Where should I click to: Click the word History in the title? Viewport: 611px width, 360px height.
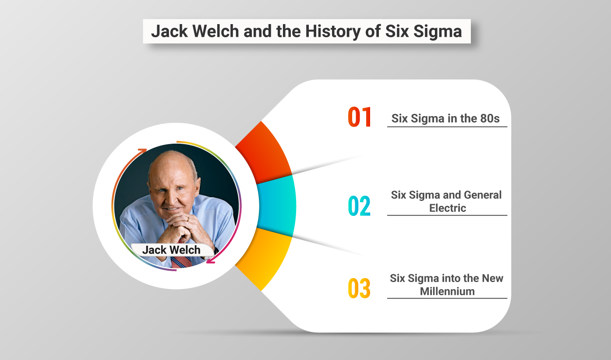point(333,32)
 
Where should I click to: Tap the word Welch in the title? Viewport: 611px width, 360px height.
point(216,31)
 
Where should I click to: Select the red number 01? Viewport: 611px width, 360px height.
point(360,117)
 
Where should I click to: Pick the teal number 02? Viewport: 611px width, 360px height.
point(359,206)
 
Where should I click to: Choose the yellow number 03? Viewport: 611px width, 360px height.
point(359,288)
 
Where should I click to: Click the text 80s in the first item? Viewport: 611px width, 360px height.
point(490,118)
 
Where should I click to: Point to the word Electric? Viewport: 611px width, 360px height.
point(448,208)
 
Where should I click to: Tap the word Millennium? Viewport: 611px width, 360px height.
point(447,291)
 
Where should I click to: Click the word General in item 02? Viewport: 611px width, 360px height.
point(483,195)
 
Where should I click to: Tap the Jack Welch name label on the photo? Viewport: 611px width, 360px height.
point(172,250)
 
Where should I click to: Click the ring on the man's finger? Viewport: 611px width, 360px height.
point(188,219)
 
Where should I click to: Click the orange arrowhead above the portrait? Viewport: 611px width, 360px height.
point(143,151)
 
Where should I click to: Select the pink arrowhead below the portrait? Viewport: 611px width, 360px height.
point(211,261)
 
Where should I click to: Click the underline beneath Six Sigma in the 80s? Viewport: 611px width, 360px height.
point(447,127)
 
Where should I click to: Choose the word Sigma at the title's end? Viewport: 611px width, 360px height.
point(438,32)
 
